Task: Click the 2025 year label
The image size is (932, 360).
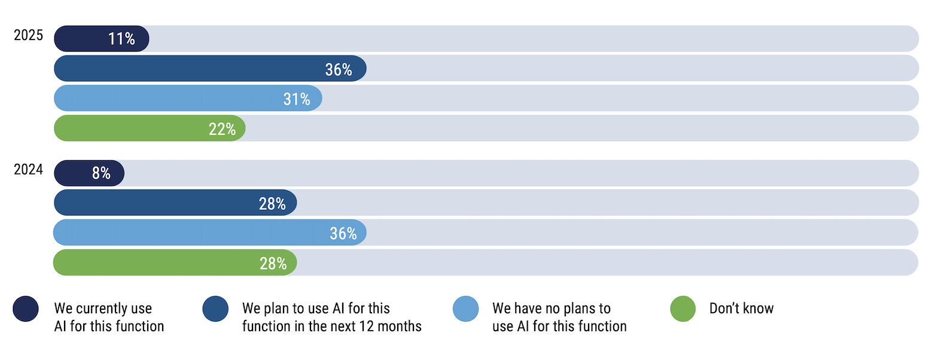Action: pyautogui.click(x=28, y=35)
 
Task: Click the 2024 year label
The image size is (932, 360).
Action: pyautogui.click(x=28, y=170)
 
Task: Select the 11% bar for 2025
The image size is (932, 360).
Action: pyautogui.click(x=102, y=39)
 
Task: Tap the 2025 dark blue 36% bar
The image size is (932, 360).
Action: pyautogui.click(x=210, y=68)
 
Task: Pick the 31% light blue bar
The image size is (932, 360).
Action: pyautogui.click(x=188, y=98)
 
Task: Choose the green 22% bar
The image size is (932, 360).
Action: pyautogui.click(x=150, y=128)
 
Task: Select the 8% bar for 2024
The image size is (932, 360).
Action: pyautogui.click(x=89, y=173)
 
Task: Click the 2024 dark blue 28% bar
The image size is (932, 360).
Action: pyautogui.click(x=176, y=203)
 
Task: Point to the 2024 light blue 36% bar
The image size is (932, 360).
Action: pyautogui.click(x=210, y=233)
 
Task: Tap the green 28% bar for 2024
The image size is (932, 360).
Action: pyautogui.click(x=175, y=263)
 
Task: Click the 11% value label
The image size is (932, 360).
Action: pyautogui.click(x=121, y=39)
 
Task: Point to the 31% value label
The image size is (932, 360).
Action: pyautogui.click(x=297, y=99)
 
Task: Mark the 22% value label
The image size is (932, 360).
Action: pyautogui.click(x=222, y=129)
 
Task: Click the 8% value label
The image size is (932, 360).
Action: pyautogui.click(x=101, y=173)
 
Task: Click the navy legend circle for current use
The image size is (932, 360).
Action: pyautogui.click(x=26, y=309)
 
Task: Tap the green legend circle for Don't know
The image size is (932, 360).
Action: pyautogui.click(x=683, y=309)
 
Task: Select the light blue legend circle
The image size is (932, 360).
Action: pyautogui.click(x=466, y=309)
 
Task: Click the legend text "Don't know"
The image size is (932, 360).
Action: pyautogui.click(x=741, y=309)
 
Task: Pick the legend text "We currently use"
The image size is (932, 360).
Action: pyautogui.click(x=103, y=309)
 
